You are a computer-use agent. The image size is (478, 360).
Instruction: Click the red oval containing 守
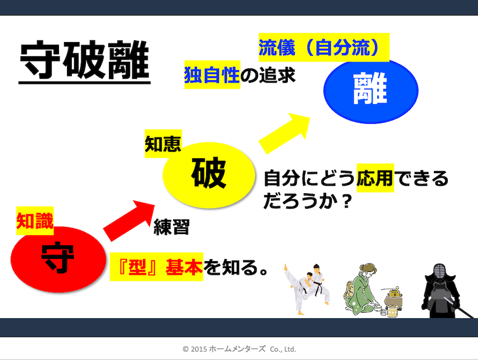click(x=58, y=258)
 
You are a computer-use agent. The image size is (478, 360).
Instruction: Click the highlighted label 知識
click(x=35, y=220)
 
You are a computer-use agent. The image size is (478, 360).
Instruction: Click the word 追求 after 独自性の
click(x=277, y=76)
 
